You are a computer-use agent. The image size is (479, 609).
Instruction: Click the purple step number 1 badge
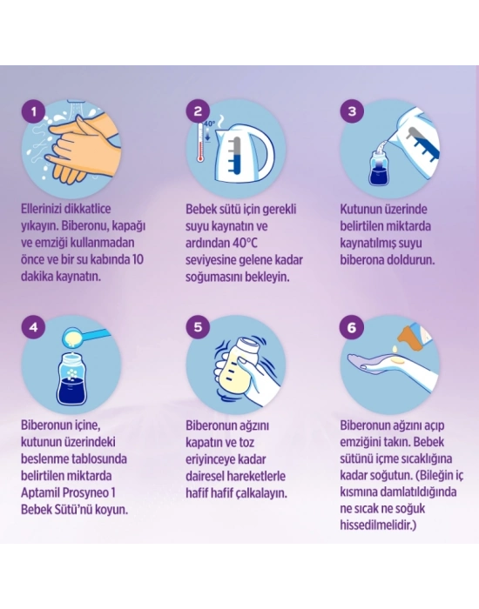click(x=33, y=112)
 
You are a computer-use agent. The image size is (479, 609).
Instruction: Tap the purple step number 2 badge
click(x=198, y=111)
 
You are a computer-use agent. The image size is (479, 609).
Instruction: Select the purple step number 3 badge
click(x=352, y=111)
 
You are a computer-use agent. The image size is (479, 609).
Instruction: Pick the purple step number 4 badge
click(x=33, y=327)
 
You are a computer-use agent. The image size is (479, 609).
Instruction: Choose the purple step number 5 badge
click(x=198, y=327)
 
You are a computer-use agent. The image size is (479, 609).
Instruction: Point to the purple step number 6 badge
click(x=352, y=327)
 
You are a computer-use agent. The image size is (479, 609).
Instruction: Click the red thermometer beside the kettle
click(x=200, y=142)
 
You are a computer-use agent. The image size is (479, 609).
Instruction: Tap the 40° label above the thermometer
click(x=209, y=124)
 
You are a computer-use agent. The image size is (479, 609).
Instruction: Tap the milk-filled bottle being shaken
click(x=236, y=365)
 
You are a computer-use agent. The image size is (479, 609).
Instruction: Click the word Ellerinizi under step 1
click(x=38, y=209)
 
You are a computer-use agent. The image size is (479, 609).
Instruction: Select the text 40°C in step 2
click(x=246, y=243)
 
